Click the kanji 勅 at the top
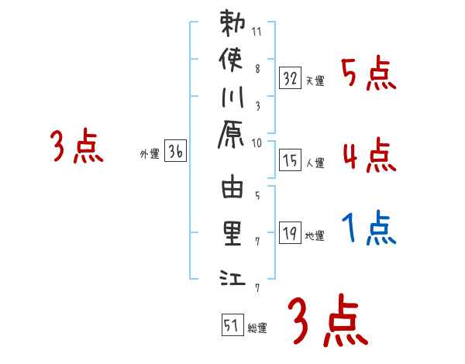click(x=232, y=26)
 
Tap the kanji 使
click(x=232, y=61)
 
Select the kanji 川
click(x=232, y=98)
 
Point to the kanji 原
click(x=232, y=135)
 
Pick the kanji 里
click(x=232, y=235)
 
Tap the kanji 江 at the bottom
click(x=232, y=276)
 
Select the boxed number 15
click(x=291, y=160)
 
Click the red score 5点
click(x=369, y=75)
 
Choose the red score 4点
click(x=369, y=156)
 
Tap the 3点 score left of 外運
click(x=77, y=146)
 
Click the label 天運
click(x=315, y=81)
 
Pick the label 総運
click(x=257, y=328)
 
